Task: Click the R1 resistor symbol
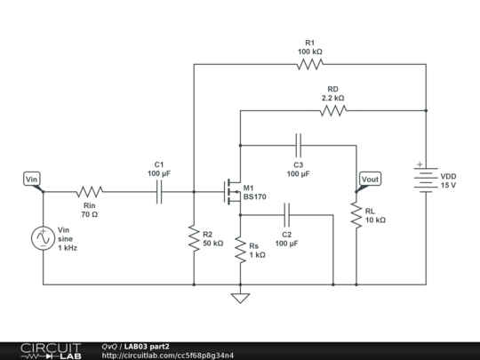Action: (309, 65)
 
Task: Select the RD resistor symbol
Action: (332, 111)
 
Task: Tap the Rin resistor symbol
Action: (89, 191)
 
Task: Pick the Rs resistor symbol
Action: (239, 249)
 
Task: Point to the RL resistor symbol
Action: (356, 215)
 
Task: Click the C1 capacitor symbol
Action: (159, 191)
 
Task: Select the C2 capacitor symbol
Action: (286, 214)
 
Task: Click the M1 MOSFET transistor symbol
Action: (233, 188)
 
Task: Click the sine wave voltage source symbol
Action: (43, 238)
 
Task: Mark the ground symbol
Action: (239, 297)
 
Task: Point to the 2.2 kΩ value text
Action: (332, 98)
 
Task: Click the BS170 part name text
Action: (255, 197)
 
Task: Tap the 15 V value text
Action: (448, 185)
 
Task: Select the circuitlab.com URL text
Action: (169, 356)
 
